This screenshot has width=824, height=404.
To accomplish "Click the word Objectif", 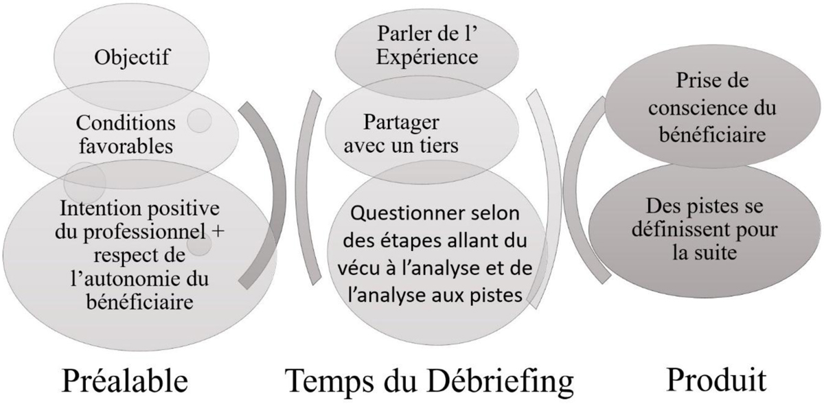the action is click(132, 58).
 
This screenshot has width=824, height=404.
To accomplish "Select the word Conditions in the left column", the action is click(126, 123).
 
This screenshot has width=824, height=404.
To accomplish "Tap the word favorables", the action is click(126, 146).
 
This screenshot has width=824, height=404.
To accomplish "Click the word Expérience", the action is click(427, 58).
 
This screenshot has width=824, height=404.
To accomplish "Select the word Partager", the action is click(401, 123).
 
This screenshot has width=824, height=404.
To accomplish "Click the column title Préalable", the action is click(125, 381).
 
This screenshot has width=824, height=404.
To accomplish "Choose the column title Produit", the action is click(717, 380).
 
